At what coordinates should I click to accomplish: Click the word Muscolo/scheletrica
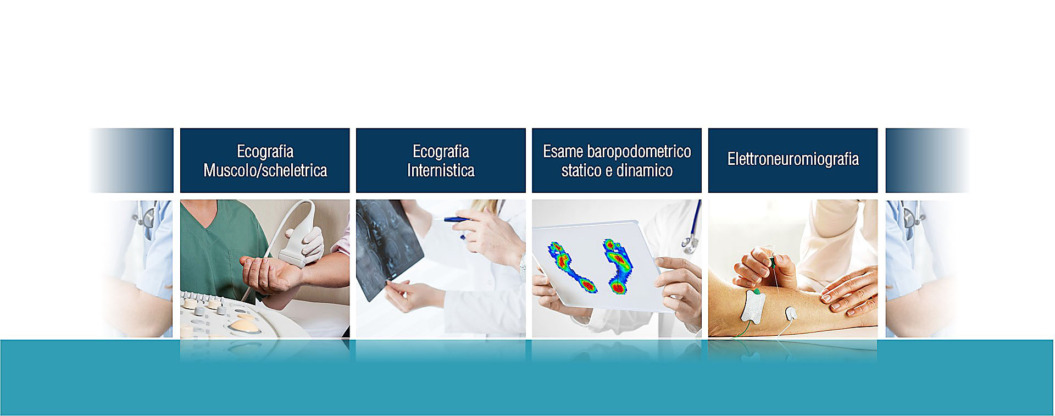[265, 170]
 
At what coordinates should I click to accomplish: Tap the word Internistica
[441, 170]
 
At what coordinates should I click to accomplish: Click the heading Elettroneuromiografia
[793, 159]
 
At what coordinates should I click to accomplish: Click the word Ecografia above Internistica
[441, 151]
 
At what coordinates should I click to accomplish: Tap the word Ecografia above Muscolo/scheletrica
[265, 151]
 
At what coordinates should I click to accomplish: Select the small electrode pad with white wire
[791, 314]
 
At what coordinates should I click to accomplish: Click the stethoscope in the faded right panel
[909, 214]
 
